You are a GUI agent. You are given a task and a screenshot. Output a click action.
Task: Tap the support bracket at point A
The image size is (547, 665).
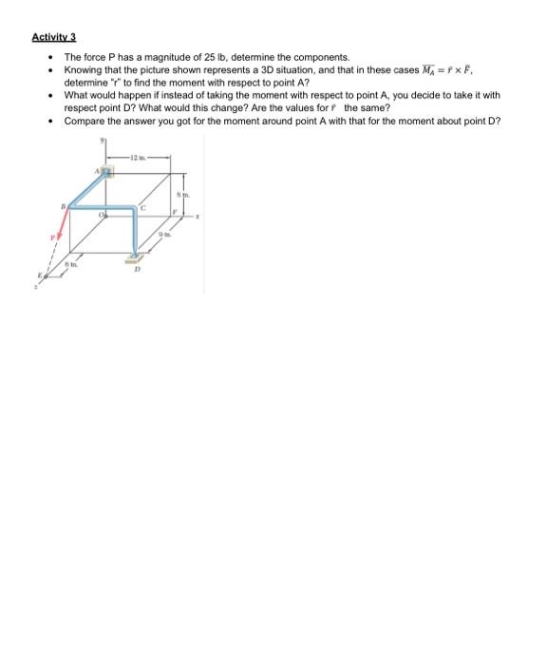108,172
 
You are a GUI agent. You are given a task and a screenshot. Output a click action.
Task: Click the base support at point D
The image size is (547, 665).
139,255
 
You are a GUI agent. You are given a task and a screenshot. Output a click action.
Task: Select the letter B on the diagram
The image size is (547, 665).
64,204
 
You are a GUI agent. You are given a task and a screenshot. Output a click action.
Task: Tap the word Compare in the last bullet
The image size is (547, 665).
83,121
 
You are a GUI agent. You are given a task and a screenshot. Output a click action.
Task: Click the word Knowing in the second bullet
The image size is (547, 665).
82,70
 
